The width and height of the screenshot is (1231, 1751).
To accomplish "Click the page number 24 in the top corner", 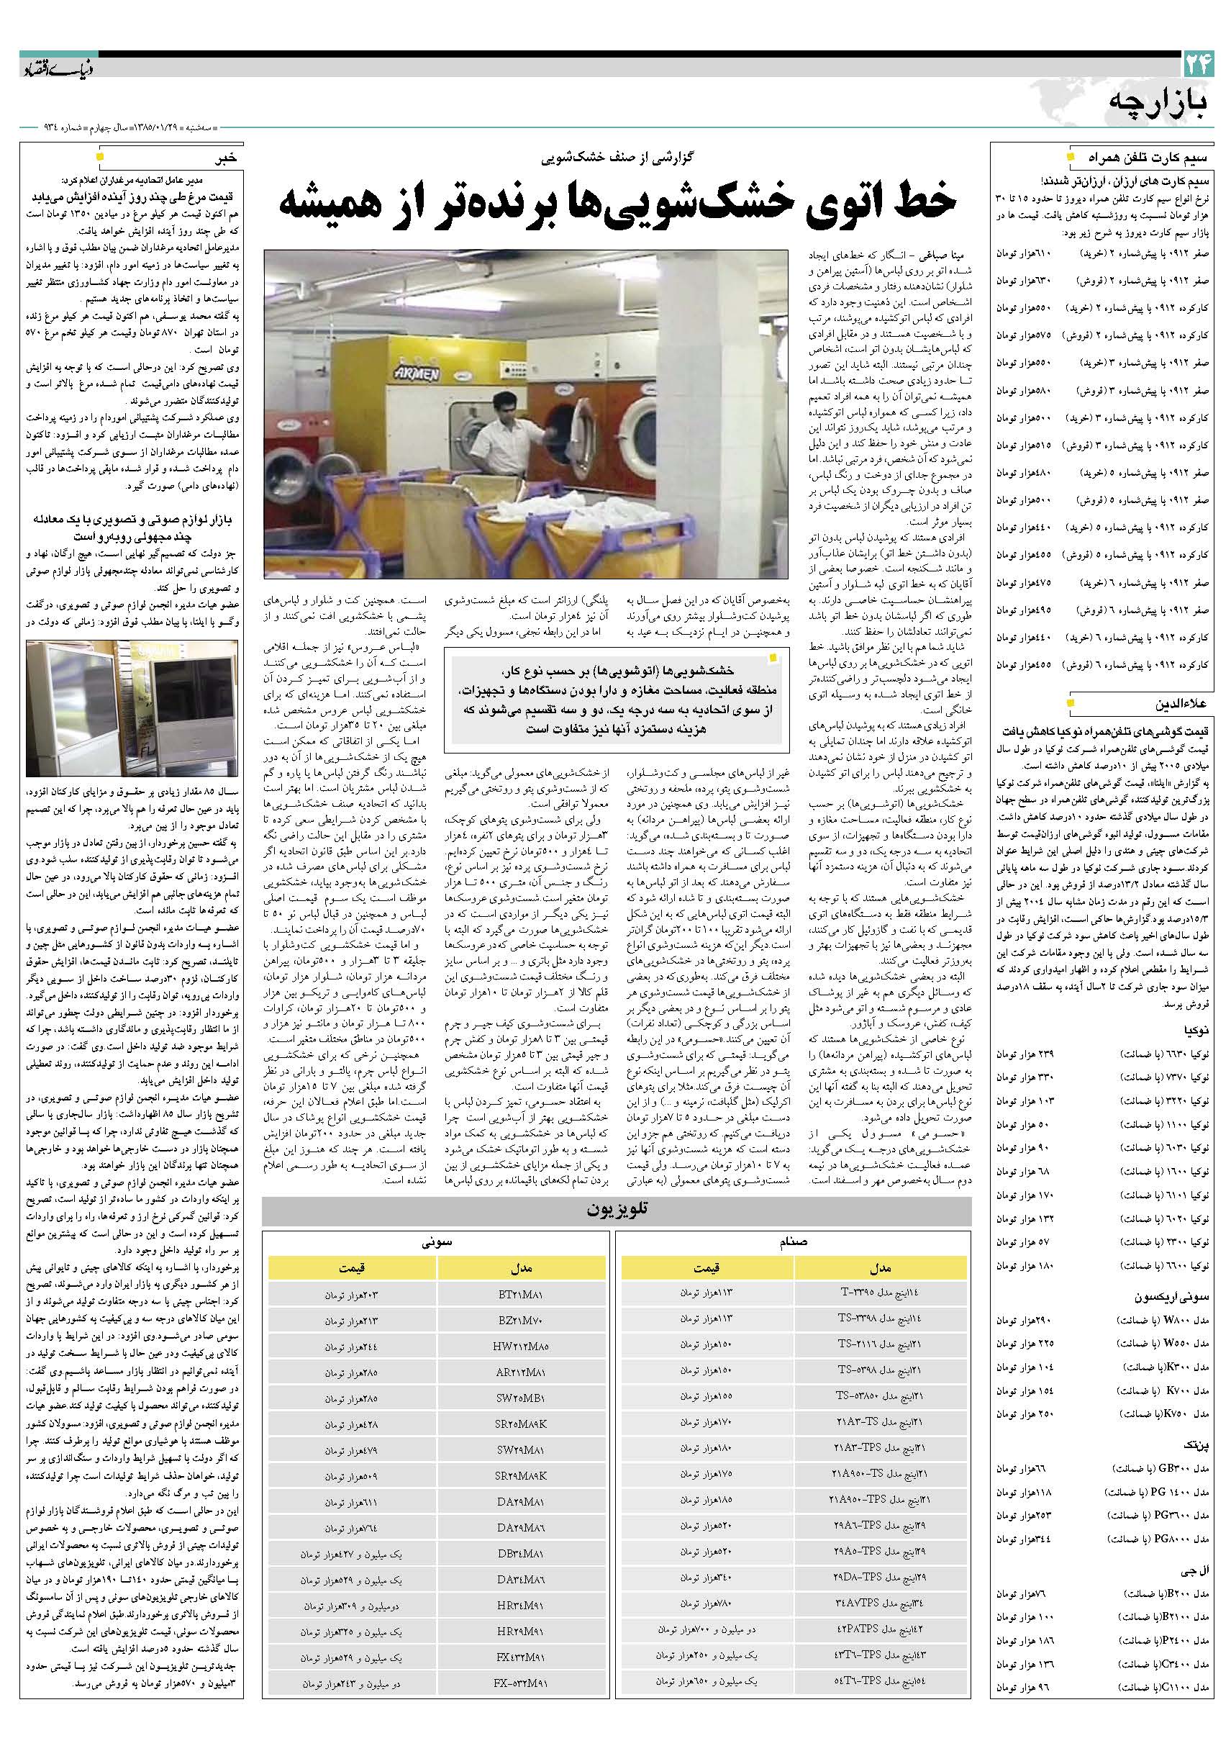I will pyautogui.click(x=1198, y=65).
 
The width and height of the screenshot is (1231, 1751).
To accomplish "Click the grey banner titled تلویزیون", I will pyautogui.click(x=616, y=1210).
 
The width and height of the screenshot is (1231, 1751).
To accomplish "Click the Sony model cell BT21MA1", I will pyautogui.click(x=522, y=1294).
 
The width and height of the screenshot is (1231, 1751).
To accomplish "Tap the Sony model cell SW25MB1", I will pyautogui.click(x=522, y=1398).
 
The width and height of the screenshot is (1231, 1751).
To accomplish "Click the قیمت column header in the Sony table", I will pyautogui.click(x=351, y=1267).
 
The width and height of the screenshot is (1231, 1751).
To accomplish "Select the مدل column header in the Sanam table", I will pyautogui.click(x=880, y=1267).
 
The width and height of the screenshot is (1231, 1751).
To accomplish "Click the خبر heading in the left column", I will pyautogui.click(x=227, y=158).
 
